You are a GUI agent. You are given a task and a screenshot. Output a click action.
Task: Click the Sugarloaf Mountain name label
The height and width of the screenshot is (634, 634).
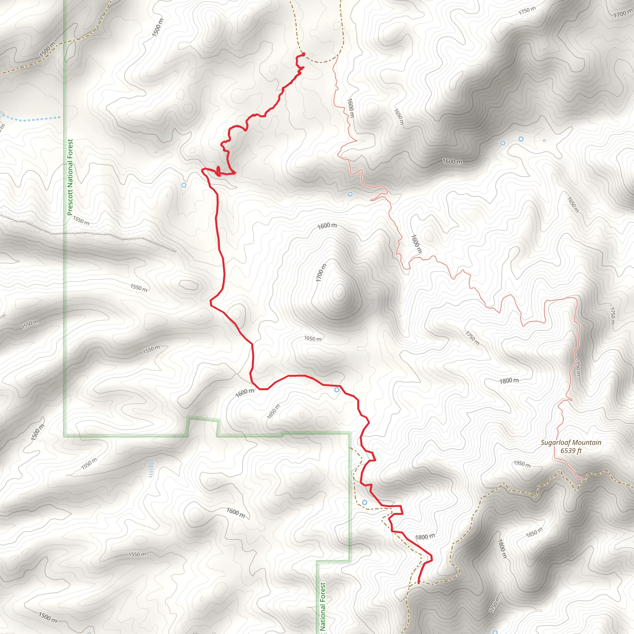(x=571, y=442)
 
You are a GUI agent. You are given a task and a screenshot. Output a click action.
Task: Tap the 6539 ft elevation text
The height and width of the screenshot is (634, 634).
(x=571, y=450)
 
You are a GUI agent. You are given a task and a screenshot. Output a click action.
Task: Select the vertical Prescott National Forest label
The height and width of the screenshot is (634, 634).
(x=70, y=177)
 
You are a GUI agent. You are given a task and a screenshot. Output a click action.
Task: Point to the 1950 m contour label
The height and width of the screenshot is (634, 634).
(x=522, y=464)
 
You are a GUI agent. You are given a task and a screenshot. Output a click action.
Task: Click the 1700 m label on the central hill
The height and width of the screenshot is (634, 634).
(x=321, y=272)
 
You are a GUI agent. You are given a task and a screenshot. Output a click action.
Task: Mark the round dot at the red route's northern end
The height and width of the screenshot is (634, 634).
(x=304, y=54)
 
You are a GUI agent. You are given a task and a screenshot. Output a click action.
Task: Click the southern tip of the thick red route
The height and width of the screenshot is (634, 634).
(x=419, y=583)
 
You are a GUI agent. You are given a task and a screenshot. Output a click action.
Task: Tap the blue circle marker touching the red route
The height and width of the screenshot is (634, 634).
(x=337, y=390)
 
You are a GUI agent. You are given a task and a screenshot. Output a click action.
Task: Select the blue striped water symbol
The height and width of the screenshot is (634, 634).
(x=151, y=469)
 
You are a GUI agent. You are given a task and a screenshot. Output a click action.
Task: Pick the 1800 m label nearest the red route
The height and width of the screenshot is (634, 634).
(x=425, y=537)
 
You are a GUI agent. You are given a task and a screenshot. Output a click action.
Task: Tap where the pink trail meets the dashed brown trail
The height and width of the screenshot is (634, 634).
(x=584, y=480)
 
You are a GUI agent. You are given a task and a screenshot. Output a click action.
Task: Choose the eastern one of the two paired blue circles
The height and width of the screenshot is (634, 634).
(x=521, y=139)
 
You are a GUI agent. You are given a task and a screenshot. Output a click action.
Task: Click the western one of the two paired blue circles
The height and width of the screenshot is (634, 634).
(x=502, y=143)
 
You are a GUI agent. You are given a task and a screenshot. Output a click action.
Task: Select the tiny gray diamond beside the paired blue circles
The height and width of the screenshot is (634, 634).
(x=544, y=141)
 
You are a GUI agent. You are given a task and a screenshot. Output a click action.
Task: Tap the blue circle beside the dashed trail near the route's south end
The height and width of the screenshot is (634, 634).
(x=365, y=502)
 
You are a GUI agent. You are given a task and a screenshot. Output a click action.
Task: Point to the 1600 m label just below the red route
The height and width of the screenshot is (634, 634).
(x=245, y=393)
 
